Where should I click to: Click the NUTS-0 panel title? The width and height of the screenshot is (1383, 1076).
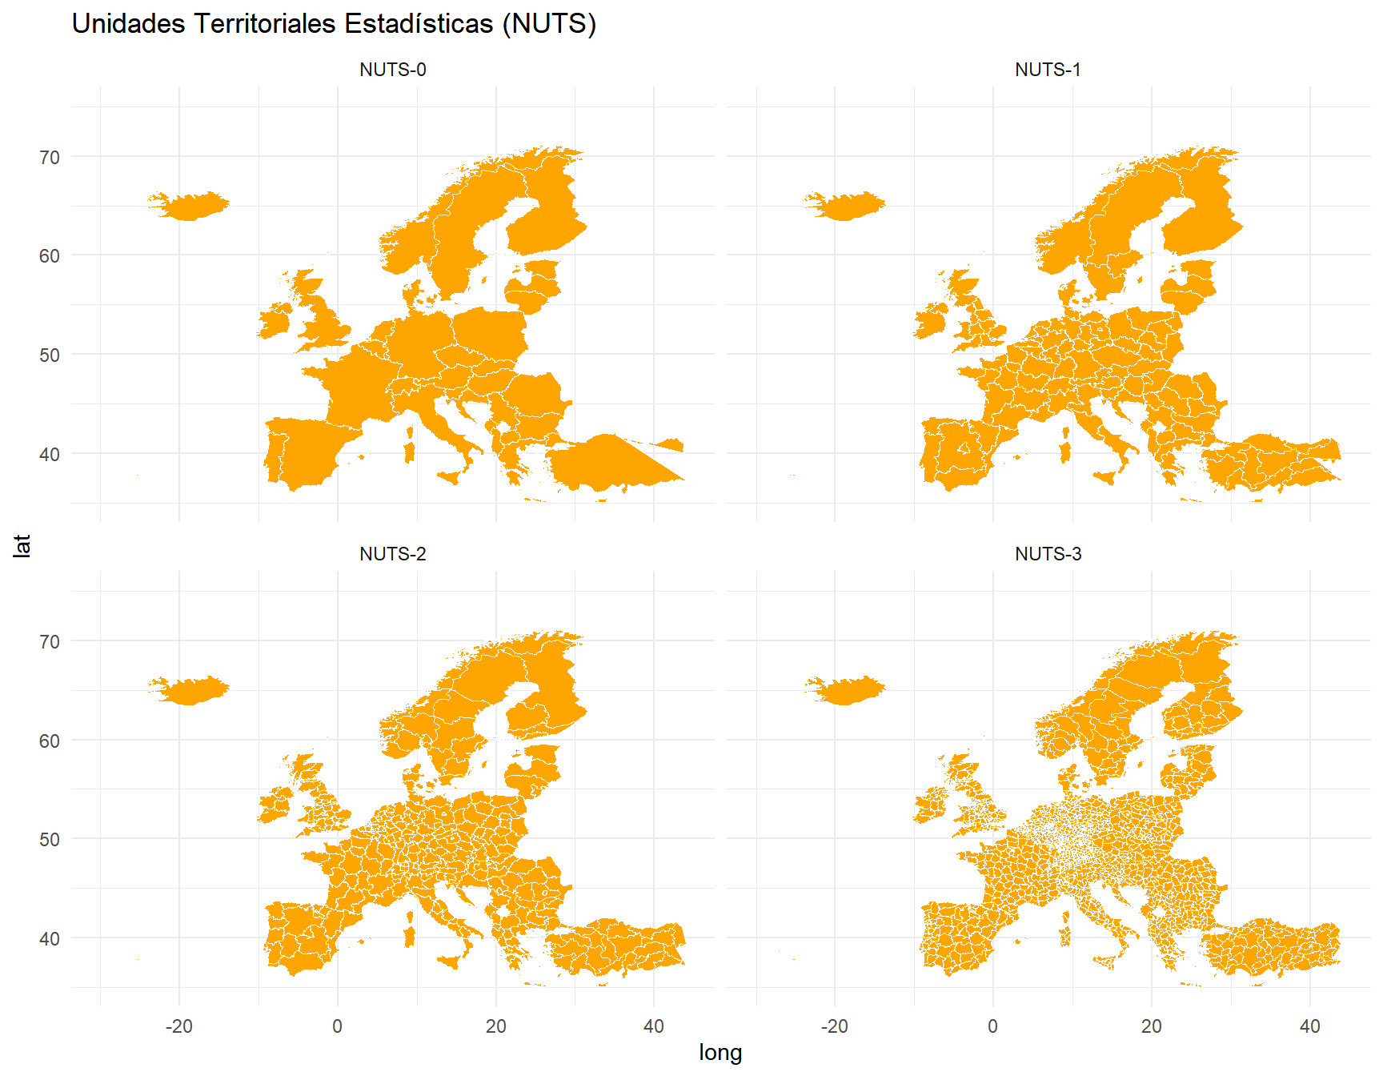click(x=392, y=70)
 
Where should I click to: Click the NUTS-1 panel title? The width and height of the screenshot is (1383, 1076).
click(x=1048, y=70)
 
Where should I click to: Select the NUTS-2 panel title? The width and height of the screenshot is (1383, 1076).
click(x=392, y=554)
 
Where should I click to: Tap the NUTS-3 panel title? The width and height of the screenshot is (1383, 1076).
click(x=1048, y=554)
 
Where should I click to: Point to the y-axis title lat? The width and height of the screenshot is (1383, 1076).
click(x=22, y=546)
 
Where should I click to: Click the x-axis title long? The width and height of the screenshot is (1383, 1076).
click(x=720, y=1053)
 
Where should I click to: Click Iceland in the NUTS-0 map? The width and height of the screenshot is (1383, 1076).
click(x=190, y=206)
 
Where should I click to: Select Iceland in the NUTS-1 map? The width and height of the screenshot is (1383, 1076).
click(x=847, y=206)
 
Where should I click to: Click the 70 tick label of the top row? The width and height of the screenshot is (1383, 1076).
click(x=50, y=158)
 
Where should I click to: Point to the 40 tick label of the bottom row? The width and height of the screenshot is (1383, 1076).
click(x=50, y=938)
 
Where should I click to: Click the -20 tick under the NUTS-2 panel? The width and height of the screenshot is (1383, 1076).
click(x=178, y=1026)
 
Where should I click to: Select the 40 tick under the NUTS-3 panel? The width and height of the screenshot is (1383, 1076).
click(x=1309, y=1026)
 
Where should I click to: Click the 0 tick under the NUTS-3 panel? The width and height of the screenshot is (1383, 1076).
click(x=992, y=1026)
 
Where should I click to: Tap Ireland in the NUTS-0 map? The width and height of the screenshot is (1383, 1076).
click(x=274, y=321)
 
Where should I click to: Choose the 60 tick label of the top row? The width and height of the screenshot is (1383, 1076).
click(x=50, y=256)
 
